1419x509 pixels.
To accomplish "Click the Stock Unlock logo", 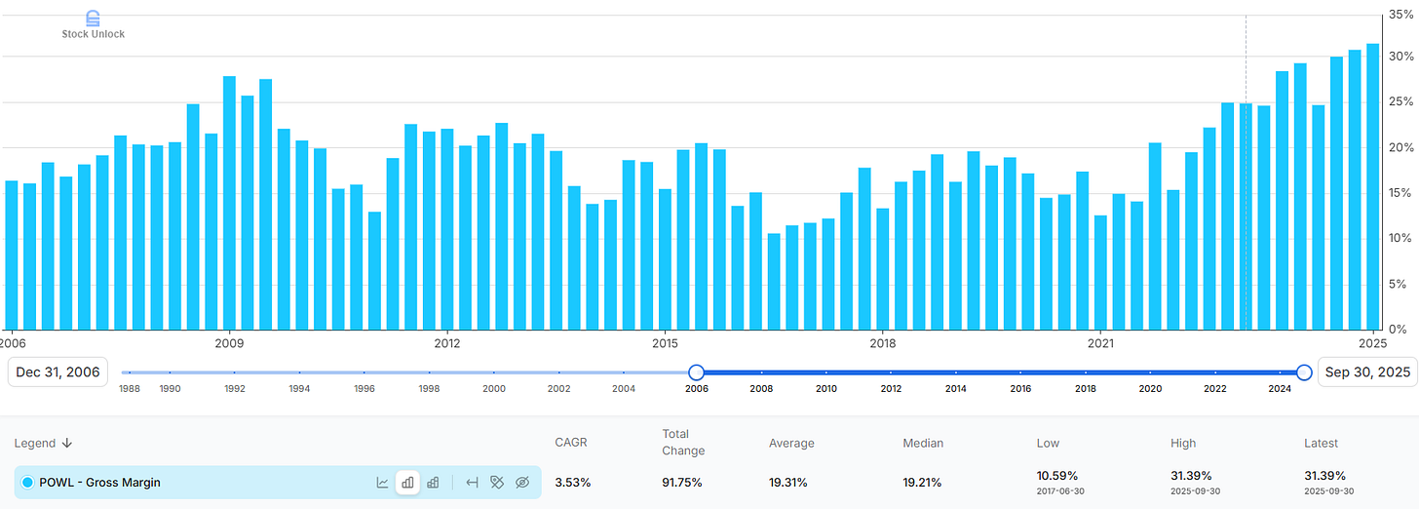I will pyautogui.click(x=94, y=25).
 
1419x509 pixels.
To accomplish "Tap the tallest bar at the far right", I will pyautogui.click(x=1372, y=186).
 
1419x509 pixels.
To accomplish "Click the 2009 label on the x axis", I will pyautogui.click(x=229, y=343).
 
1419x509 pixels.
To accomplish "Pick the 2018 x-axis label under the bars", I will pyautogui.click(x=883, y=343).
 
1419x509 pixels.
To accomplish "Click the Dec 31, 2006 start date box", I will pyautogui.click(x=58, y=372).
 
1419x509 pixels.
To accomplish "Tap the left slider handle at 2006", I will pyautogui.click(x=696, y=372).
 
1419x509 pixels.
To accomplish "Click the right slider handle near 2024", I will pyautogui.click(x=1304, y=372).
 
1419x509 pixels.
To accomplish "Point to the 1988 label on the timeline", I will pyautogui.click(x=130, y=388).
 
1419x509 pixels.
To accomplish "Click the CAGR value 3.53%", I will pyautogui.click(x=572, y=483).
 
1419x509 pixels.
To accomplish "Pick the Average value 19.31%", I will pyautogui.click(x=788, y=483).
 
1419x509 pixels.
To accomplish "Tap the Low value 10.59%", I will pyautogui.click(x=1056, y=476).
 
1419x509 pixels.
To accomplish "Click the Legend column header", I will pyautogui.click(x=43, y=443).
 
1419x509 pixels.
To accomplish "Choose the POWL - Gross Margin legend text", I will pyautogui.click(x=99, y=483).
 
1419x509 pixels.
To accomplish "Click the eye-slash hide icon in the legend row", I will pyautogui.click(x=522, y=483).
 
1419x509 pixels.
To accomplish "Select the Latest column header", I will pyautogui.click(x=1321, y=443).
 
